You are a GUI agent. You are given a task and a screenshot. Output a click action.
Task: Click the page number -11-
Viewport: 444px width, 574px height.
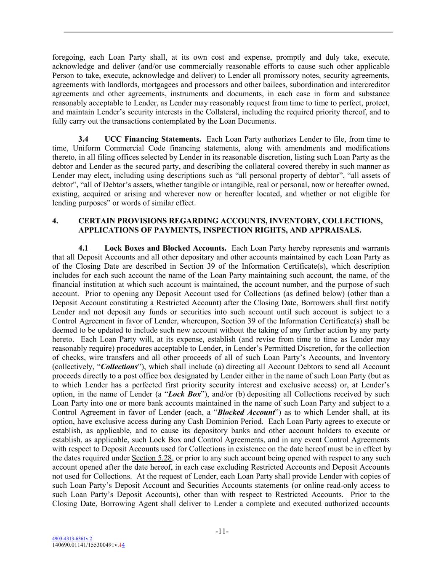pyautogui.click(x=222, y=532)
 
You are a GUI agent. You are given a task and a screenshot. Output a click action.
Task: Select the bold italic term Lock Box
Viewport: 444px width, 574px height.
pyautogui.click(x=184, y=394)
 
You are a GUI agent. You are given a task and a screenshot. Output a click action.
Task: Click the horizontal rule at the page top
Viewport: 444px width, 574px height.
pyautogui.click(x=228, y=32)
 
